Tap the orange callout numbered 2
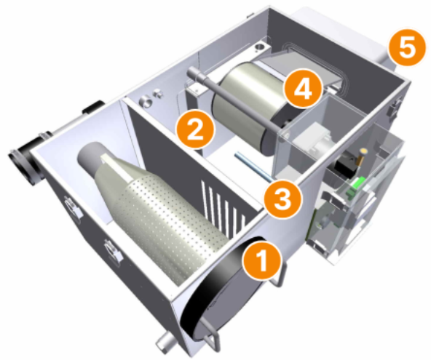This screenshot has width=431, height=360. point(195,130)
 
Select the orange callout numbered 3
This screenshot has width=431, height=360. point(282,199)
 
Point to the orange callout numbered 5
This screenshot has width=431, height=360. point(408,48)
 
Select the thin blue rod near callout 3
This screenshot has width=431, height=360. point(254,166)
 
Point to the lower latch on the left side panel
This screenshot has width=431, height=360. point(112,250)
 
